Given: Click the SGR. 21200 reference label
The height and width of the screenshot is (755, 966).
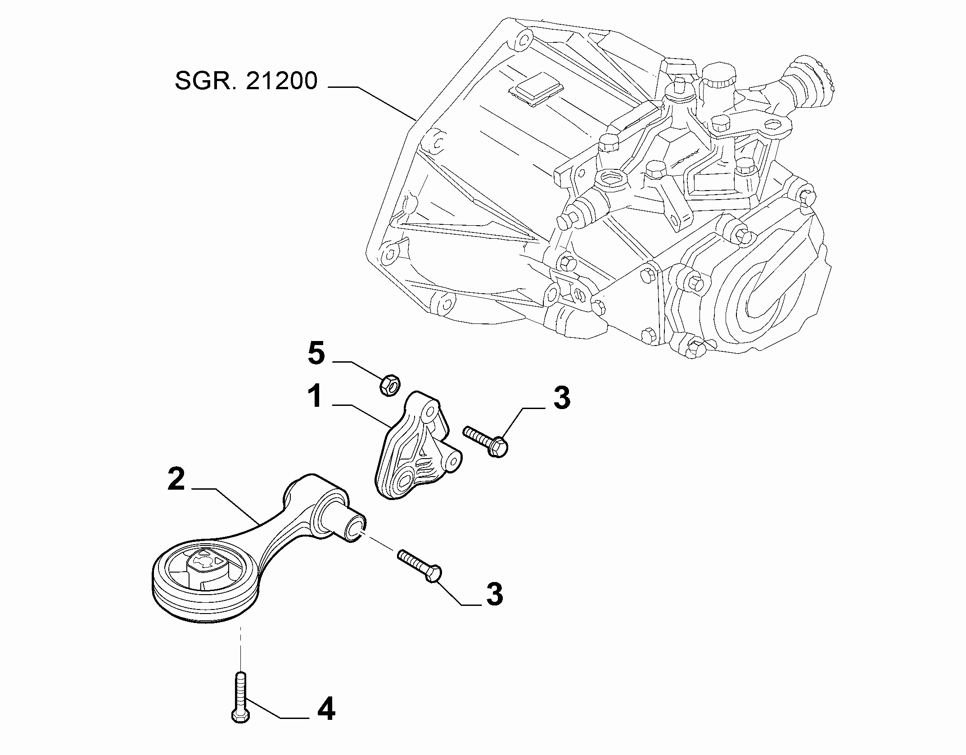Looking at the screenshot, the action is tap(246, 81).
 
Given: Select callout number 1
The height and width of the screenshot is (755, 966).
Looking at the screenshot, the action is tap(316, 396).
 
